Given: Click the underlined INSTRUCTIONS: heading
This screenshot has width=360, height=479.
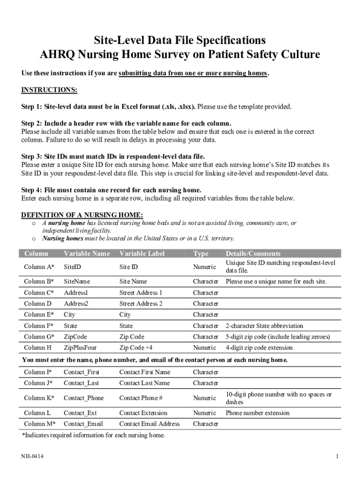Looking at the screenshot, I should click(x=49, y=90).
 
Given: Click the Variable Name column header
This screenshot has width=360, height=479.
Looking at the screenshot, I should click(x=86, y=254).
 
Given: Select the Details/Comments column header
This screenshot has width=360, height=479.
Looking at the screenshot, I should click(x=253, y=254).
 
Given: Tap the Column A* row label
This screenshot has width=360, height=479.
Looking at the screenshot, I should click(x=39, y=267).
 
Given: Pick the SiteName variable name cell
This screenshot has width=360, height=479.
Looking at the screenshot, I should click(x=77, y=282).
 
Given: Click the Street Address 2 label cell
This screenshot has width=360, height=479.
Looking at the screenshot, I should click(x=141, y=304).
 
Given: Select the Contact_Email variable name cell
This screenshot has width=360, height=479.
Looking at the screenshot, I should click(x=83, y=424).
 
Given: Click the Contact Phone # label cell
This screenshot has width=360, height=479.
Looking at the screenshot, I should click(x=141, y=398).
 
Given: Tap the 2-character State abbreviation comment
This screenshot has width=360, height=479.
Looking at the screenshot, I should click(x=264, y=326).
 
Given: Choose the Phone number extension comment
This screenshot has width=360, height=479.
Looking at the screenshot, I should click(x=258, y=413).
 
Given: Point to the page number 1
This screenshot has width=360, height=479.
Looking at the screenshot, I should click(x=337, y=457).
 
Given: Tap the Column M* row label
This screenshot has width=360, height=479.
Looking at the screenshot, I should click(x=39, y=424).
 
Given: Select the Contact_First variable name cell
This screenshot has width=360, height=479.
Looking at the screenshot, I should click(x=81, y=372).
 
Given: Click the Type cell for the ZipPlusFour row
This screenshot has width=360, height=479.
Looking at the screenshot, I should click(x=204, y=348).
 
